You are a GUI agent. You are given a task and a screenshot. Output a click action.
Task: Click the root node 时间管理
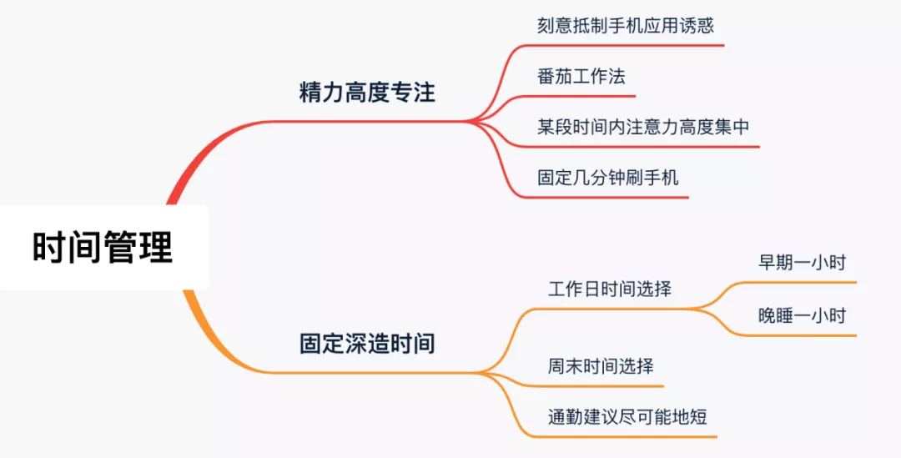[103, 248]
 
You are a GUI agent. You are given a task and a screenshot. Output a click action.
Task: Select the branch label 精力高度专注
[367, 92]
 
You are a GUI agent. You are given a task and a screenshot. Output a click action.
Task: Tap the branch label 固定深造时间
[367, 343]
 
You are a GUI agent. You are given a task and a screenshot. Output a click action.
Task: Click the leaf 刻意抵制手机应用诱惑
[626, 25]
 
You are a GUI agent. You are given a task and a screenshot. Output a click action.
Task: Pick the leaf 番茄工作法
[581, 77]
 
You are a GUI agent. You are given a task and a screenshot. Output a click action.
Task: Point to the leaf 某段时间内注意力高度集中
[643, 128]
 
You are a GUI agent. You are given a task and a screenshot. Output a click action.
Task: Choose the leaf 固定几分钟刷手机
[608, 178]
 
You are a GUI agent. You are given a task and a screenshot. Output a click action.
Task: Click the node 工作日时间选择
[610, 289]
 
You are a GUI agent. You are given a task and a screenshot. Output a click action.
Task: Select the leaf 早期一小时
[802, 263]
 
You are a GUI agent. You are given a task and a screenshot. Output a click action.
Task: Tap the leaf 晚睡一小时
[802, 315]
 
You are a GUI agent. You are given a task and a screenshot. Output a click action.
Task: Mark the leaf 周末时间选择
[601, 366]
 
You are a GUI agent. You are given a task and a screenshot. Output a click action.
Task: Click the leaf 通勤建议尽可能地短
[627, 416]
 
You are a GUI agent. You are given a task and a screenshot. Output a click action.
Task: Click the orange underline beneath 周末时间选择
[601, 386]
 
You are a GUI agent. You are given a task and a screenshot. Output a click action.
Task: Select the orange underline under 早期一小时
[801, 283]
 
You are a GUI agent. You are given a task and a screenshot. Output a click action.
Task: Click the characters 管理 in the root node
[138, 248]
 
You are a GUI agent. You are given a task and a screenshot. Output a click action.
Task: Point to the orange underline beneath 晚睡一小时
[801, 335]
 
